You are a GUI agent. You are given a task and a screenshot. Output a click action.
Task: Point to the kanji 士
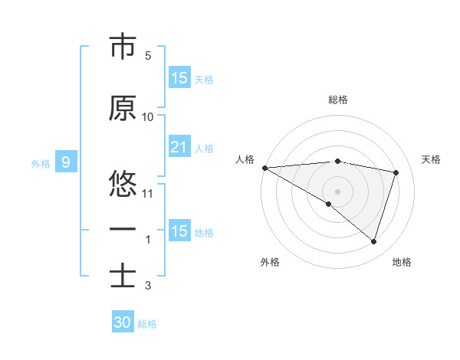(123, 276)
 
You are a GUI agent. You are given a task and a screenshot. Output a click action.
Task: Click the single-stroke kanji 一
(123, 230)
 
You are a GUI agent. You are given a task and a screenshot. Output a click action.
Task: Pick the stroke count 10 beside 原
(148, 117)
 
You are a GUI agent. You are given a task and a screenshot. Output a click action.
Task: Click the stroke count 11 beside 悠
(148, 193)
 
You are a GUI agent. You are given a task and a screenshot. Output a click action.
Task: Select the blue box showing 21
(179, 147)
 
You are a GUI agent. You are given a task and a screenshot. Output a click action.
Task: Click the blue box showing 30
(123, 322)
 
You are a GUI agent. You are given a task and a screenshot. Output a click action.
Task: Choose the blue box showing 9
(66, 162)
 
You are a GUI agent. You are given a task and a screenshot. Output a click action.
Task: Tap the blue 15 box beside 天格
(179, 78)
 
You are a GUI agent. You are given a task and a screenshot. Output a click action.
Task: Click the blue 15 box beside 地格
(179, 231)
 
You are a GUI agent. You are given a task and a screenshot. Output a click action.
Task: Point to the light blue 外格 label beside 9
(41, 163)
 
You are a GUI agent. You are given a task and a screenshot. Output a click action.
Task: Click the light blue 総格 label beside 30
(147, 324)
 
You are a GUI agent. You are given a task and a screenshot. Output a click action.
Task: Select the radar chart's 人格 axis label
(245, 159)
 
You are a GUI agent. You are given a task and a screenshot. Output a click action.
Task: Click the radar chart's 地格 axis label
(402, 262)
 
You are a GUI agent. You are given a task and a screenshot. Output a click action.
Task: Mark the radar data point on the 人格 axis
(264, 168)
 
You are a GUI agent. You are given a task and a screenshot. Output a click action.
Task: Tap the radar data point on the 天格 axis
(396, 172)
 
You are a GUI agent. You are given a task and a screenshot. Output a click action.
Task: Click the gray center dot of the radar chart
(337, 190)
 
